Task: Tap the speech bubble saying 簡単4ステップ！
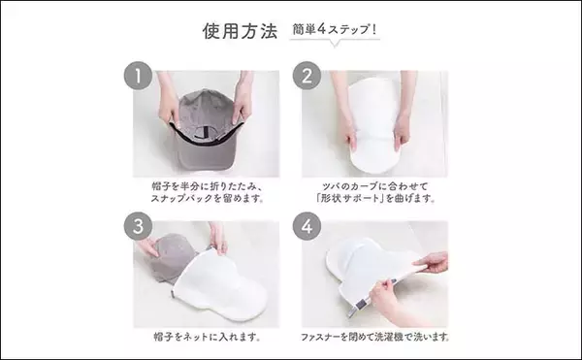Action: (334, 30)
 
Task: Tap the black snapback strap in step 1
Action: (203, 121)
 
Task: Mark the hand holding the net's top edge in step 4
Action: (432, 263)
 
